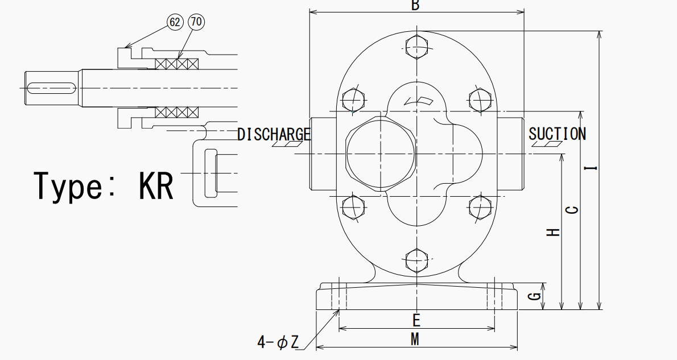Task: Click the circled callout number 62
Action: [x=175, y=22]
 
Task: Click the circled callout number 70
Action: [x=196, y=22]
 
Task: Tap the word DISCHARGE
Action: [x=274, y=134]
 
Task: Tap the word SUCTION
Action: [x=558, y=134]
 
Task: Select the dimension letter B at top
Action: [x=415, y=5]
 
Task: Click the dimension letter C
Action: [x=572, y=210]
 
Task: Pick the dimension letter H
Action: [x=554, y=232]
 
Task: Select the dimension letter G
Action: [x=535, y=296]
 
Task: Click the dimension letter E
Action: [x=416, y=320]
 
